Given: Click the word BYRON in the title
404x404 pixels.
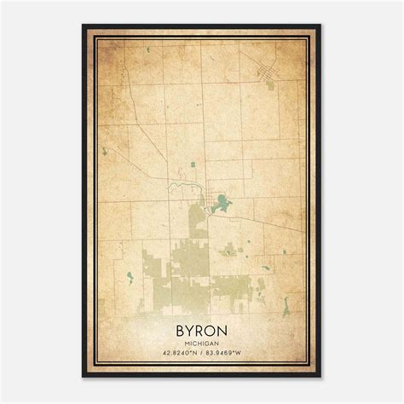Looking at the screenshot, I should coord(202,326).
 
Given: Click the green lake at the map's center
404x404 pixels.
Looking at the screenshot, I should coord(221,203).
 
